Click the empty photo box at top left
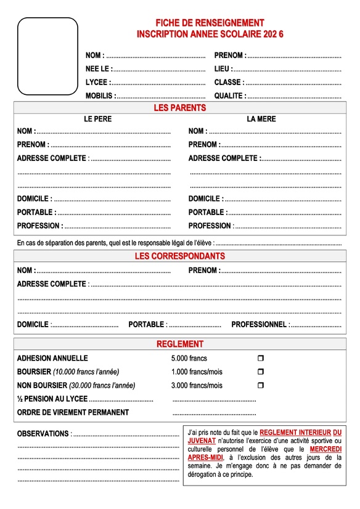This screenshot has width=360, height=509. [47, 56]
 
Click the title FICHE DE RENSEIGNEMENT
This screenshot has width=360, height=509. [210, 23]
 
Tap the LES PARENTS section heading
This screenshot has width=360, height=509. [179, 108]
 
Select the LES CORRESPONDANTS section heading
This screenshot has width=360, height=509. [179, 256]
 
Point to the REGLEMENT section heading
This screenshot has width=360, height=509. [179, 344]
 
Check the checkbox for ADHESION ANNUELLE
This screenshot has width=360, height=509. [260, 358]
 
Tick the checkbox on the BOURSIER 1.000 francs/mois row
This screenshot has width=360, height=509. [260, 372]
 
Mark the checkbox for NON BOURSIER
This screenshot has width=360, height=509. [260, 385]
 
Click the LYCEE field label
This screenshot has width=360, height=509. [97, 82]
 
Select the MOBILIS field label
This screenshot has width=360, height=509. [99, 96]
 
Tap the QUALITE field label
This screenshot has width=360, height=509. [229, 96]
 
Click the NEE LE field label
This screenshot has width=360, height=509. [98, 68]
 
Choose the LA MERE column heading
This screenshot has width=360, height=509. [261, 119]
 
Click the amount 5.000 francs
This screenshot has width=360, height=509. [189, 358]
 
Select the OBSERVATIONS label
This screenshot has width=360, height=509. [43, 433]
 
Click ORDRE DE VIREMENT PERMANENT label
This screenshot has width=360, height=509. [73, 412]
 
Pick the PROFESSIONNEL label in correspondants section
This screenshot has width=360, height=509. [259, 324]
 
